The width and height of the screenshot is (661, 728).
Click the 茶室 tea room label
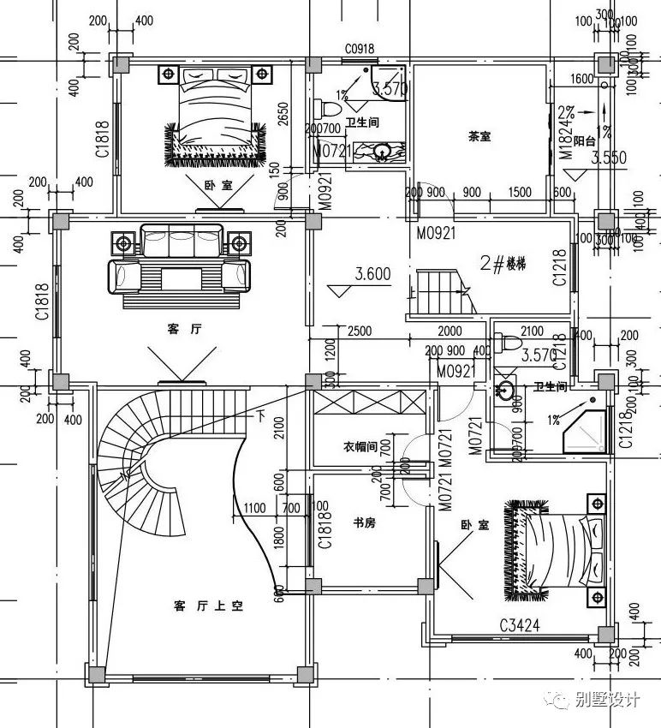point(479,136)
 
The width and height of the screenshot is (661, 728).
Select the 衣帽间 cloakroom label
point(360,446)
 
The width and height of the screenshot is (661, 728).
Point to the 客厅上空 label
point(209,606)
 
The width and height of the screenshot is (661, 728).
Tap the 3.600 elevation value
point(372,275)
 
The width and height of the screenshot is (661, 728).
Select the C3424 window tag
point(518,626)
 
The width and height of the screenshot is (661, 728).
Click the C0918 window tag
point(360,50)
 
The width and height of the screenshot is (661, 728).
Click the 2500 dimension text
point(359,331)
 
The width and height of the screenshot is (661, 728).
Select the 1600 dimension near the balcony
point(581,80)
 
